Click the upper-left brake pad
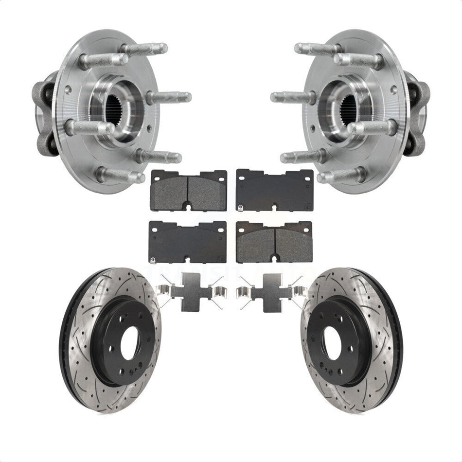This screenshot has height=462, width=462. point(189,190)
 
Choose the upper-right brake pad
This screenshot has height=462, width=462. point(274,190)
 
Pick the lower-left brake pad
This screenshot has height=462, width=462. point(188,242)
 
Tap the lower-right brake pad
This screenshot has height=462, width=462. point(274,242)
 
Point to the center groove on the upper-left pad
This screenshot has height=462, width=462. point(188,191)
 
